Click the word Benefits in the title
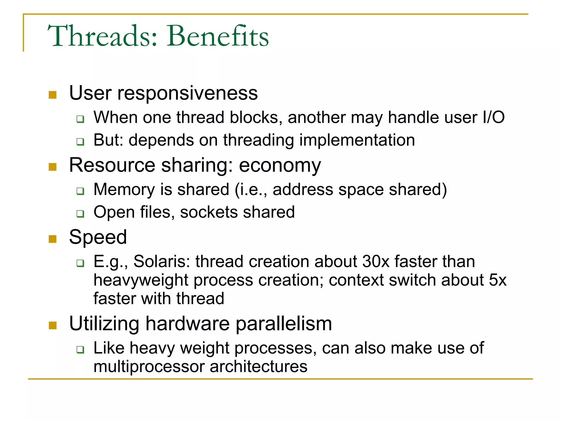[x=218, y=36]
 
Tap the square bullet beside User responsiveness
[x=52, y=95]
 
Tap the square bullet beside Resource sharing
[x=52, y=167]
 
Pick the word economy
[x=280, y=166]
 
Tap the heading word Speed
[x=98, y=237]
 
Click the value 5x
[x=497, y=280]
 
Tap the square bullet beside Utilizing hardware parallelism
[x=52, y=325]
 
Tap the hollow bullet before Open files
[x=80, y=214]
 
